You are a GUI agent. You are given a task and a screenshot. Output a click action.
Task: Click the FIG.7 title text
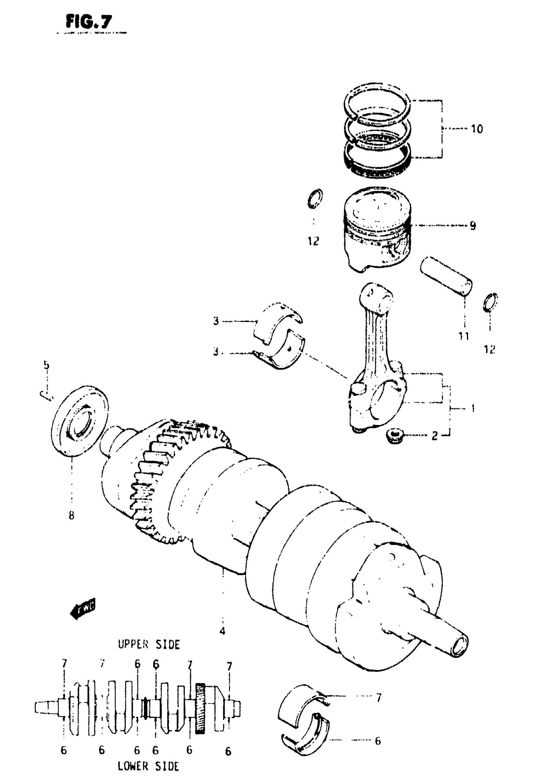[x=88, y=22]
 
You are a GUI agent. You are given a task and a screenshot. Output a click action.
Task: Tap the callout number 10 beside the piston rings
[x=477, y=129]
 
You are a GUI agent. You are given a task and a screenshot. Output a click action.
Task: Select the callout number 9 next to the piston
[x=473, y=225]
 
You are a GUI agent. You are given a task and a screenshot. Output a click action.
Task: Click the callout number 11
[x=464, y=336]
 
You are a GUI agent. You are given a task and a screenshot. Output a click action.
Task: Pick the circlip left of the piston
[x=315, y=199]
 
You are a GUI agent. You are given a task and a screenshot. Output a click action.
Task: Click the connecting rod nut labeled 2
[x=394, y=436]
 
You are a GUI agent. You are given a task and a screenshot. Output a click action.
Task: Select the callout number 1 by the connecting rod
[x=473, y=408]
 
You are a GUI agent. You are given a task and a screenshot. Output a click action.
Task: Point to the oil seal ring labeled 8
[x=81, y=420]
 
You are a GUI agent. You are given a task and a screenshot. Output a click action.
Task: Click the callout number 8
[x=71, y=516]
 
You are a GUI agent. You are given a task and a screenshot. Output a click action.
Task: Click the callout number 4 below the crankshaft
[x=222, y=631]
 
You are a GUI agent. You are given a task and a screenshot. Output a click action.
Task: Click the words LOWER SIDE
[x=148, y=766]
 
